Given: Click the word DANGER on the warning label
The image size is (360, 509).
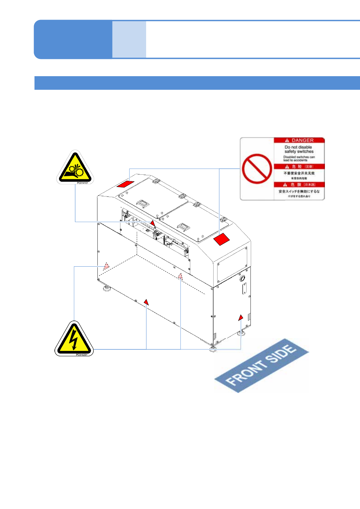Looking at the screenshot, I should click(302, 140).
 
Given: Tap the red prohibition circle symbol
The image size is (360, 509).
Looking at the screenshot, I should click(257, 169).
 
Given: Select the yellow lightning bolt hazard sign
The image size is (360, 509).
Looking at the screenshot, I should click(74, 339).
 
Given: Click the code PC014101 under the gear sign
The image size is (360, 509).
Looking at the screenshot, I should click(82, 183).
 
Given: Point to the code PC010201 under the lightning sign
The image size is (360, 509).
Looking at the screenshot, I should click(81, 355).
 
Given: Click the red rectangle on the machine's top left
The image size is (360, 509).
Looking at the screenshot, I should click(126, 184).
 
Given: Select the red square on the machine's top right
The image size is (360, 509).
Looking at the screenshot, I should click(222, 239).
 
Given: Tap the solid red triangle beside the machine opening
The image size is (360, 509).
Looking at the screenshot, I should click(153, 223).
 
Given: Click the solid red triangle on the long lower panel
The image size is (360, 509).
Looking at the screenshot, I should click(146, 302).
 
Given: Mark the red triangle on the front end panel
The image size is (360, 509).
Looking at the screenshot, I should click(241, 317).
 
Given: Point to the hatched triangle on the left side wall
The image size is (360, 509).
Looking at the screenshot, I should click(106, 266).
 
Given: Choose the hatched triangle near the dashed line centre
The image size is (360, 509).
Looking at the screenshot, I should click(181, 276).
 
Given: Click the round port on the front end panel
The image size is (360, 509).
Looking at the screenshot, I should click(242, 278).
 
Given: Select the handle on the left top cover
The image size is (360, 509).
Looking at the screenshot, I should click(143, 203).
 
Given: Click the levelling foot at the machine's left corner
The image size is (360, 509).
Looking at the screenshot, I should click(106, 288).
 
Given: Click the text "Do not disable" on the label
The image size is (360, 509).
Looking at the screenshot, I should click(298, 147).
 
